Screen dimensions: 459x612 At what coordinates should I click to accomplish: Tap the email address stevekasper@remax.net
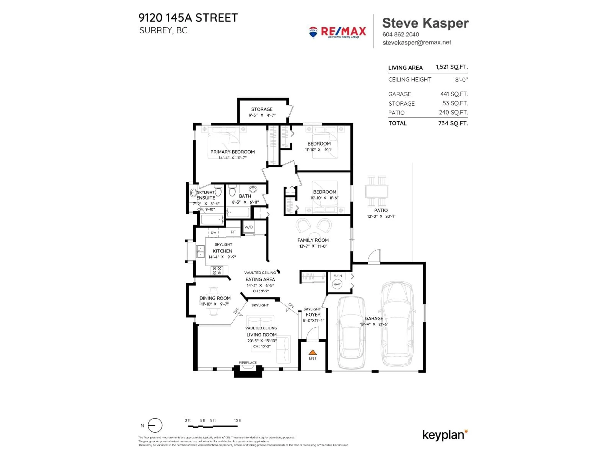416,43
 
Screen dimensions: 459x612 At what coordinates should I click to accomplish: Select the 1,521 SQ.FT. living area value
452,67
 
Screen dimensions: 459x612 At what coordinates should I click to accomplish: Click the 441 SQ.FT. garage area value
454,94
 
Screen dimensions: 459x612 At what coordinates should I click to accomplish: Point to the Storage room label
262,109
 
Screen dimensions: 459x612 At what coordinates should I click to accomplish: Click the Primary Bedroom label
232,152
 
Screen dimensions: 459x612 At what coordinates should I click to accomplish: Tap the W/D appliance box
248,227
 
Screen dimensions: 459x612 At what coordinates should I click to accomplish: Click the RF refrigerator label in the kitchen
233,232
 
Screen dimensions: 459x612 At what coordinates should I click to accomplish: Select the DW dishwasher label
213,233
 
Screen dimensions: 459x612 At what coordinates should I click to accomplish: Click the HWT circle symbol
337,284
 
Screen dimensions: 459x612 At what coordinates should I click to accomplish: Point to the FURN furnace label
338,276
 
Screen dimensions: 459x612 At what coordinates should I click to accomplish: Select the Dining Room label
215,298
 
